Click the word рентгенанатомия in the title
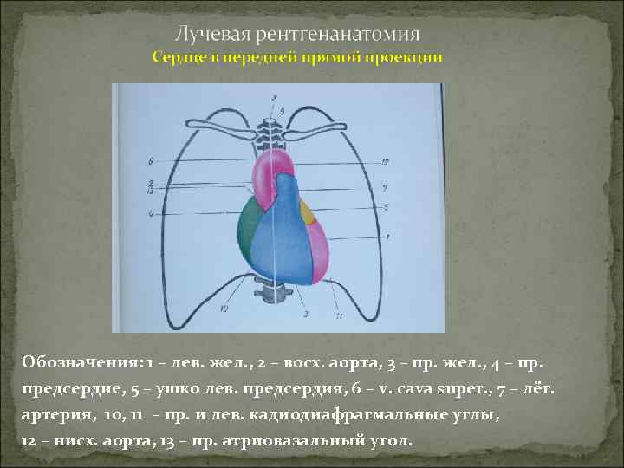pos(331,34)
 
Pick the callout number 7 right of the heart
pos(383,188)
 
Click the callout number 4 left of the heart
pos(151,213)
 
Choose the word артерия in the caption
pos(56,414)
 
